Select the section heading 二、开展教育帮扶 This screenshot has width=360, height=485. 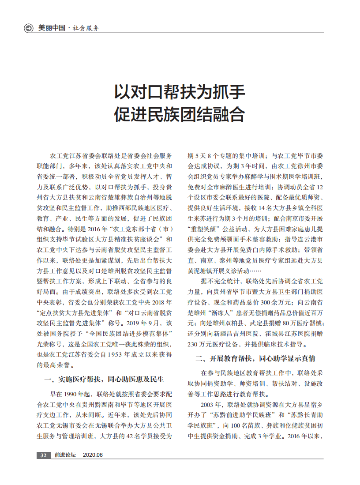225,358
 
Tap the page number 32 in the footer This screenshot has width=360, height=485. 43,455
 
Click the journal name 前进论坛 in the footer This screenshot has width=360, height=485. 65,455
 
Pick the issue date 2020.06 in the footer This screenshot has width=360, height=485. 93,455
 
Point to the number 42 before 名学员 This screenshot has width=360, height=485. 131,436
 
